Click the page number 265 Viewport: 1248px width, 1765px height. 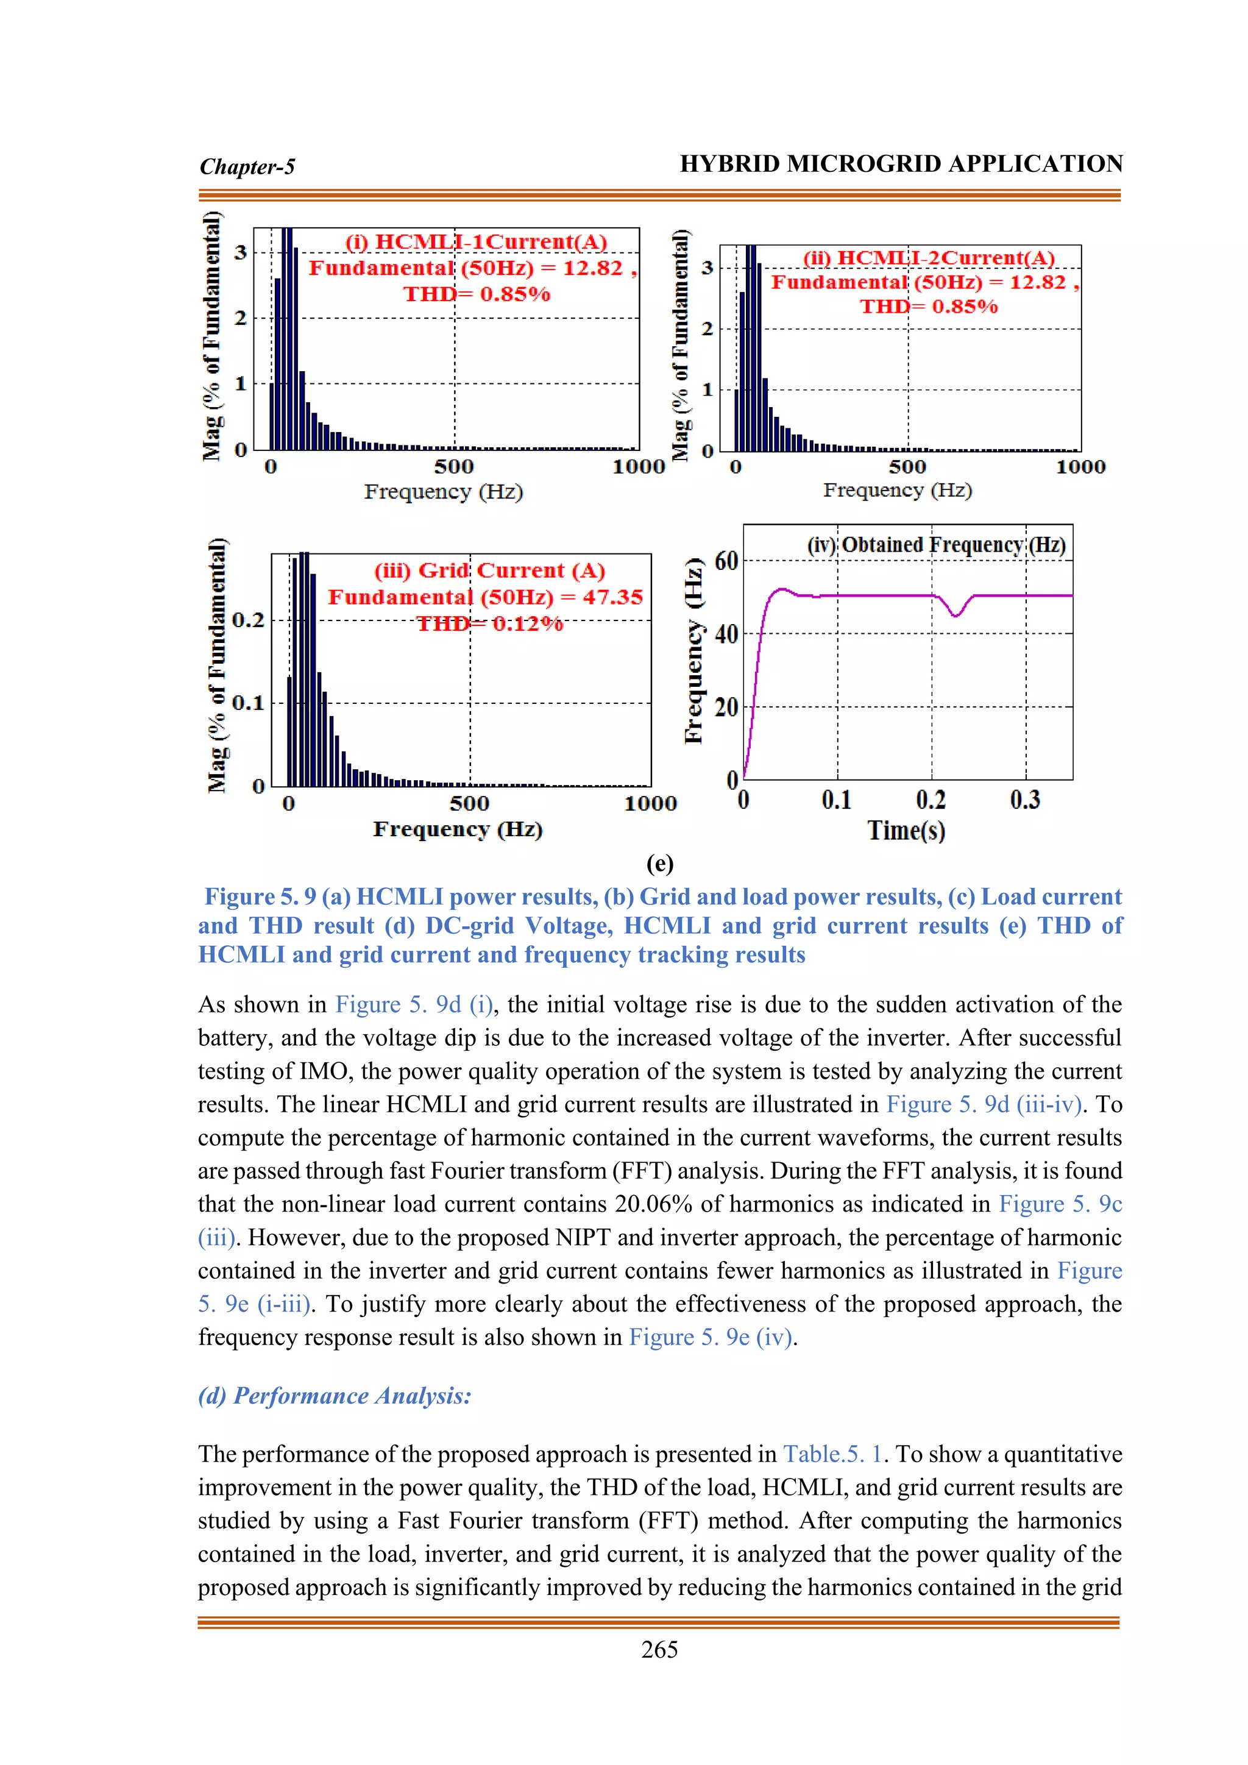pos(659,1650)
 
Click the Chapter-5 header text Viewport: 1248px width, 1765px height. pos(247,167)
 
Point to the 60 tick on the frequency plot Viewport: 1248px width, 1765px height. pos(725,561)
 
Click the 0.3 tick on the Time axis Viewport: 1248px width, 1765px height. pos(1025,800)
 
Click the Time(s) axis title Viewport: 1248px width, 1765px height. pos(906,830)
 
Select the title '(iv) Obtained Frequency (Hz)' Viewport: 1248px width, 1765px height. pos(935,545)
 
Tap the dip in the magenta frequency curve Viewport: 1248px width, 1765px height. pos(956,615)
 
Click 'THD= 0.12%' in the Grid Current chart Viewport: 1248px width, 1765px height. pos(489,623)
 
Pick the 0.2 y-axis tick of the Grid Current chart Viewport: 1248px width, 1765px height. pos(247,620)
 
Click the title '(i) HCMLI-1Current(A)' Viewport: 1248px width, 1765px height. pos(476,242)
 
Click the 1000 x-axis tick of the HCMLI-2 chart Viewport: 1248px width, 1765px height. pos(1080,467)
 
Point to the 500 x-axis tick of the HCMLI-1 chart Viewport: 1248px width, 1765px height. pos(453,467)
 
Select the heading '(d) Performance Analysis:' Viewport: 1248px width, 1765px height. pos(335,1395)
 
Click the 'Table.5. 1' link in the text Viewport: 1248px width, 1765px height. pos(833,1454)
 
